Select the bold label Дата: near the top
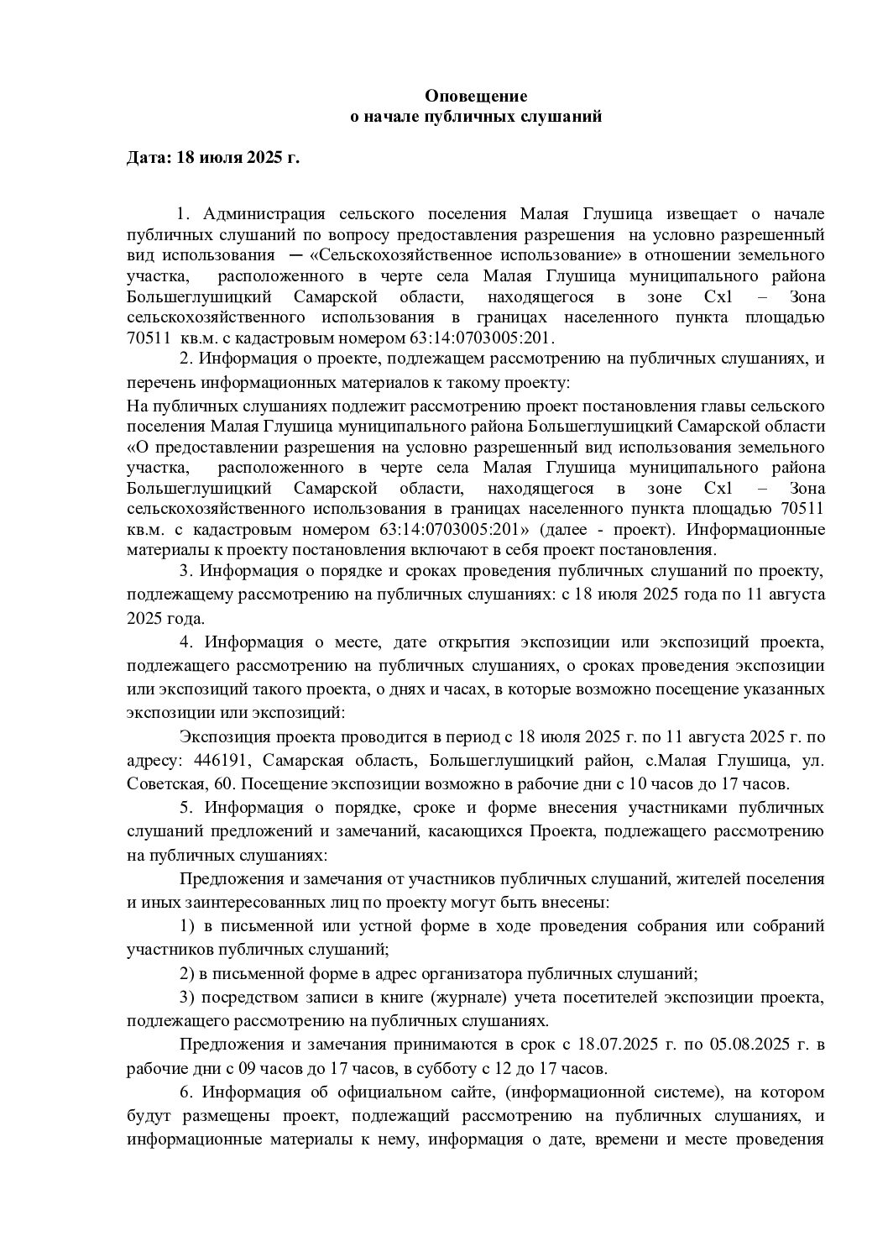pyautogui.click(x=149, y=157)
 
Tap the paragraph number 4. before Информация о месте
pyautogui.click(x=187, y=643)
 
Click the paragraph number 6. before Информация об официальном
pyautogui.click(x=187, y=1092)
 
